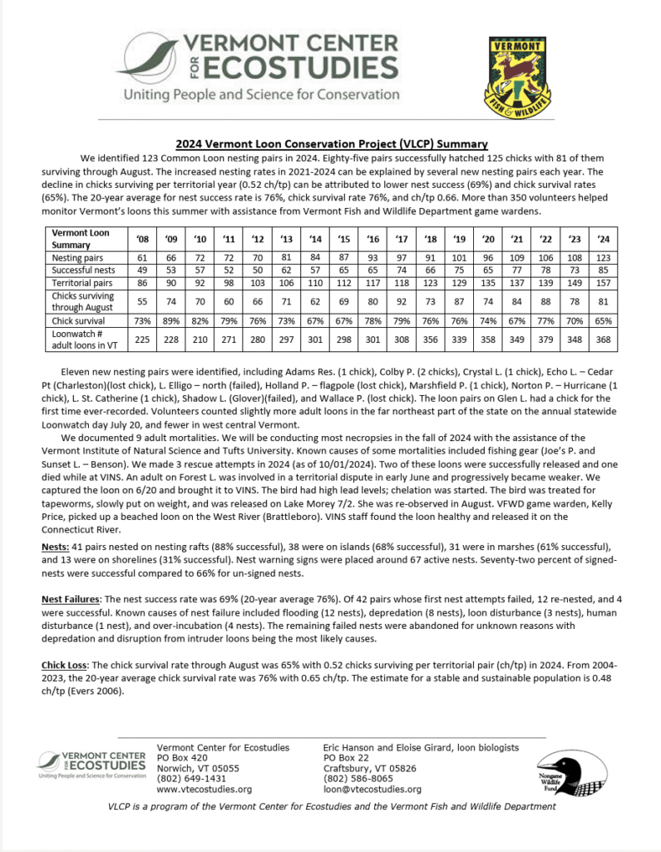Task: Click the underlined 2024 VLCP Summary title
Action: point(331,143)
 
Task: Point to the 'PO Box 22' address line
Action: point(345,758)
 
